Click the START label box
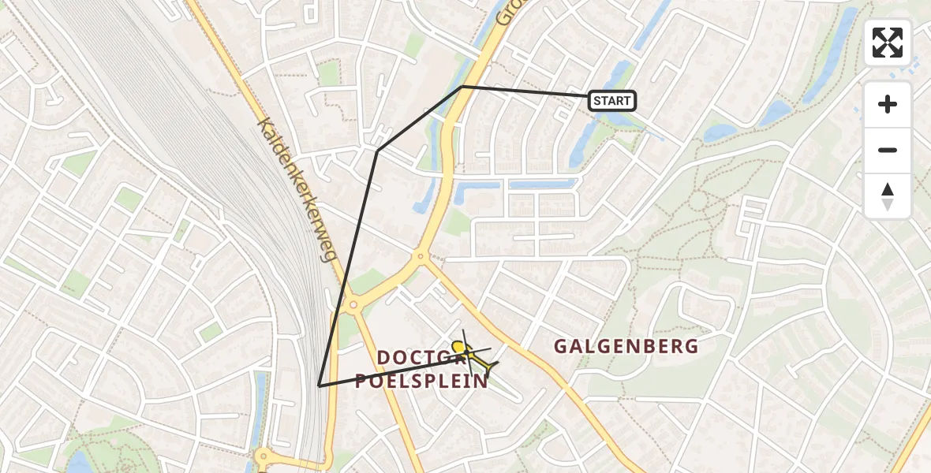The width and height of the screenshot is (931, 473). pos(611,101)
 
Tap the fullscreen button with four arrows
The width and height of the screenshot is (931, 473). pos(888,43)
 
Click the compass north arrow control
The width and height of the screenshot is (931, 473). pos(888,196)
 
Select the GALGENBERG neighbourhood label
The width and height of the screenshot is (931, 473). pos(626,346)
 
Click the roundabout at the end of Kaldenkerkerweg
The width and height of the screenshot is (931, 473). pos(352,304)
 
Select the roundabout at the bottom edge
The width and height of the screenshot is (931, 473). pos(263,456)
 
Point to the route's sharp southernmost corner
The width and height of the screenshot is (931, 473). pos(319,385)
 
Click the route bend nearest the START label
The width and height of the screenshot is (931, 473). pos(462,86)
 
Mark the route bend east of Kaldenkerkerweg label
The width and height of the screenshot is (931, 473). pos(378,150)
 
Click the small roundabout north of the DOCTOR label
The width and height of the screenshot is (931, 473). pos(421,255)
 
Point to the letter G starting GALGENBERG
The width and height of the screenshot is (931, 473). pos(561,346)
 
